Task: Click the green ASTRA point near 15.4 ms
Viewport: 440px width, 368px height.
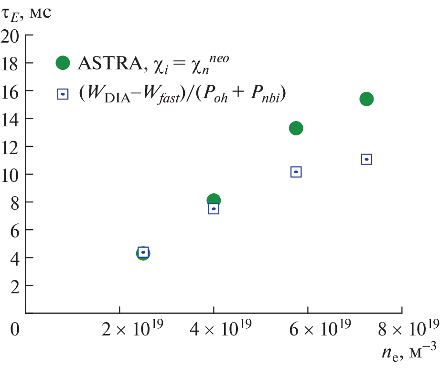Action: [366, 99]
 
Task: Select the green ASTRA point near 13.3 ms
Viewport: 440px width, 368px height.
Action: [296, 128]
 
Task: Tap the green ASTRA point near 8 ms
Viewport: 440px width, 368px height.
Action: [214, 200]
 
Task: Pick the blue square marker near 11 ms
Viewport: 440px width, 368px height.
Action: [366, 159]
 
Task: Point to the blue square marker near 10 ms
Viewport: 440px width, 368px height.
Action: [296, 172]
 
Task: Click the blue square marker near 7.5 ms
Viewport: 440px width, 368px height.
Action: [214, 209]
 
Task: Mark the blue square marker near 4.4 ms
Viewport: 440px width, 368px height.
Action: [143, 252]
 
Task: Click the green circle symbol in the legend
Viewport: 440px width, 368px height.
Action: [63, 63]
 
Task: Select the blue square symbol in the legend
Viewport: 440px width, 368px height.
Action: [63, 94]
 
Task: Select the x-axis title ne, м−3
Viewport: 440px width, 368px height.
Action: [409, 355]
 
